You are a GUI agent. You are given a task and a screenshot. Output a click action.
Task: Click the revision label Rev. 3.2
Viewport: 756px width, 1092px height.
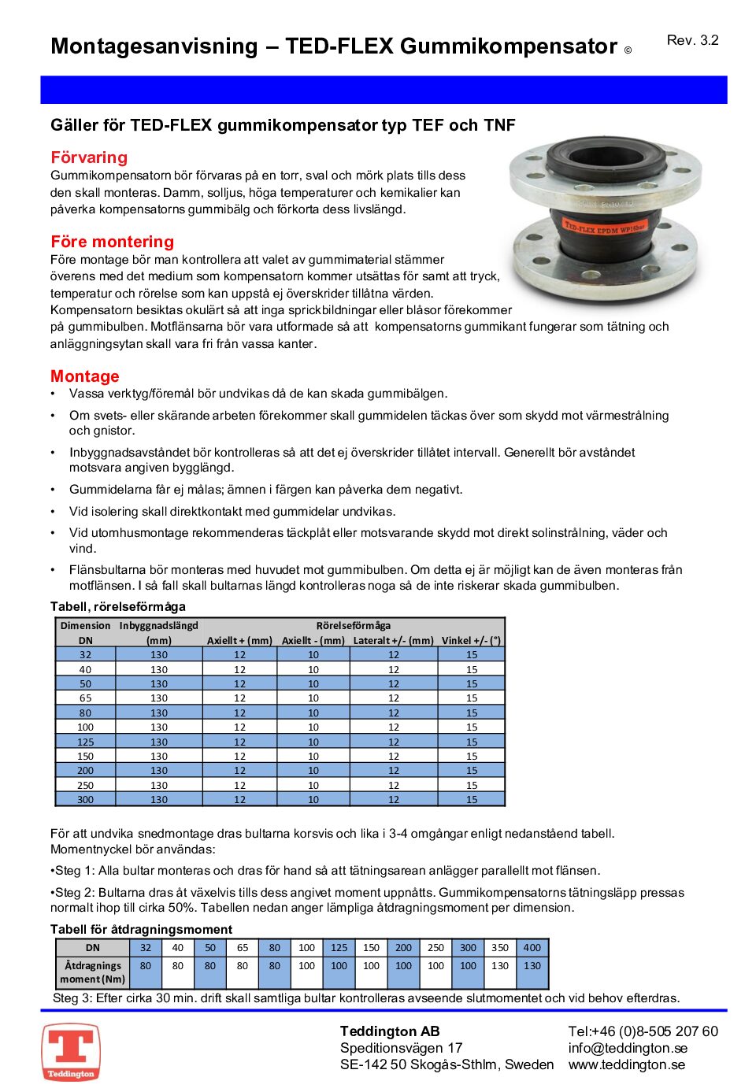[692, 40]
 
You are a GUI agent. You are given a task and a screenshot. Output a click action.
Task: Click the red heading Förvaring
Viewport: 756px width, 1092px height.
[89, 157]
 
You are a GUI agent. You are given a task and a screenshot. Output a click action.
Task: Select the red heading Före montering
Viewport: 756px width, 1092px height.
[112, 242]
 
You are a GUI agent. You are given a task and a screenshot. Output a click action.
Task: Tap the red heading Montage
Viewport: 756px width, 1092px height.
[85, 376]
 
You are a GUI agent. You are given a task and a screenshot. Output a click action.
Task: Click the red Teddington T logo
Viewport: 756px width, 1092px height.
[71, 1052]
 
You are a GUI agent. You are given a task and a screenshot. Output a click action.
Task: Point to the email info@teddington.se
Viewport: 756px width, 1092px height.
[628, 1048]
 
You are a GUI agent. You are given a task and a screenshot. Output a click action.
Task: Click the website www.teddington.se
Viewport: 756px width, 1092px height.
[626, 1064]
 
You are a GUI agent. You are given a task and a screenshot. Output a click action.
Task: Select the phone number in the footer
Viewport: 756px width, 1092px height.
[643, 1031]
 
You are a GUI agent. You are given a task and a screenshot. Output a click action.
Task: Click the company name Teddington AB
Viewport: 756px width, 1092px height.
[390, 1031]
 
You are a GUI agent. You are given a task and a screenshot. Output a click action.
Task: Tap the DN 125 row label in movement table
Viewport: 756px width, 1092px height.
[86, 742]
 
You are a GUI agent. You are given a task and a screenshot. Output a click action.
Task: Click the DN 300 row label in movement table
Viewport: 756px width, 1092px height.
[86, 799]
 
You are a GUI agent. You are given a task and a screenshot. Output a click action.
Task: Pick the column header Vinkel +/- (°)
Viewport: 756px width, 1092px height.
[471, 640]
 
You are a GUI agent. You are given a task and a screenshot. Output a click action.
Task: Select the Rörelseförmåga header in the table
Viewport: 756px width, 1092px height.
[353, 626]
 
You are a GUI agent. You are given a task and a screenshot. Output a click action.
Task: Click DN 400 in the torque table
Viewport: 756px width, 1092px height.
[532, 948]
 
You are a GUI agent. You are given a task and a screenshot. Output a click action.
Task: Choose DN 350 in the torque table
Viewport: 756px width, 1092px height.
[500, 948]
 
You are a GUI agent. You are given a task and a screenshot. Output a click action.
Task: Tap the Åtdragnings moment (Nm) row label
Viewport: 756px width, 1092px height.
[93, 972]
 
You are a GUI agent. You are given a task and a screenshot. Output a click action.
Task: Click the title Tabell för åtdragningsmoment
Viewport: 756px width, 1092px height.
[141, 929]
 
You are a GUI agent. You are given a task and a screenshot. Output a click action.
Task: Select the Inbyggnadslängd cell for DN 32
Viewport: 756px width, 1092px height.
[159, 655]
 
